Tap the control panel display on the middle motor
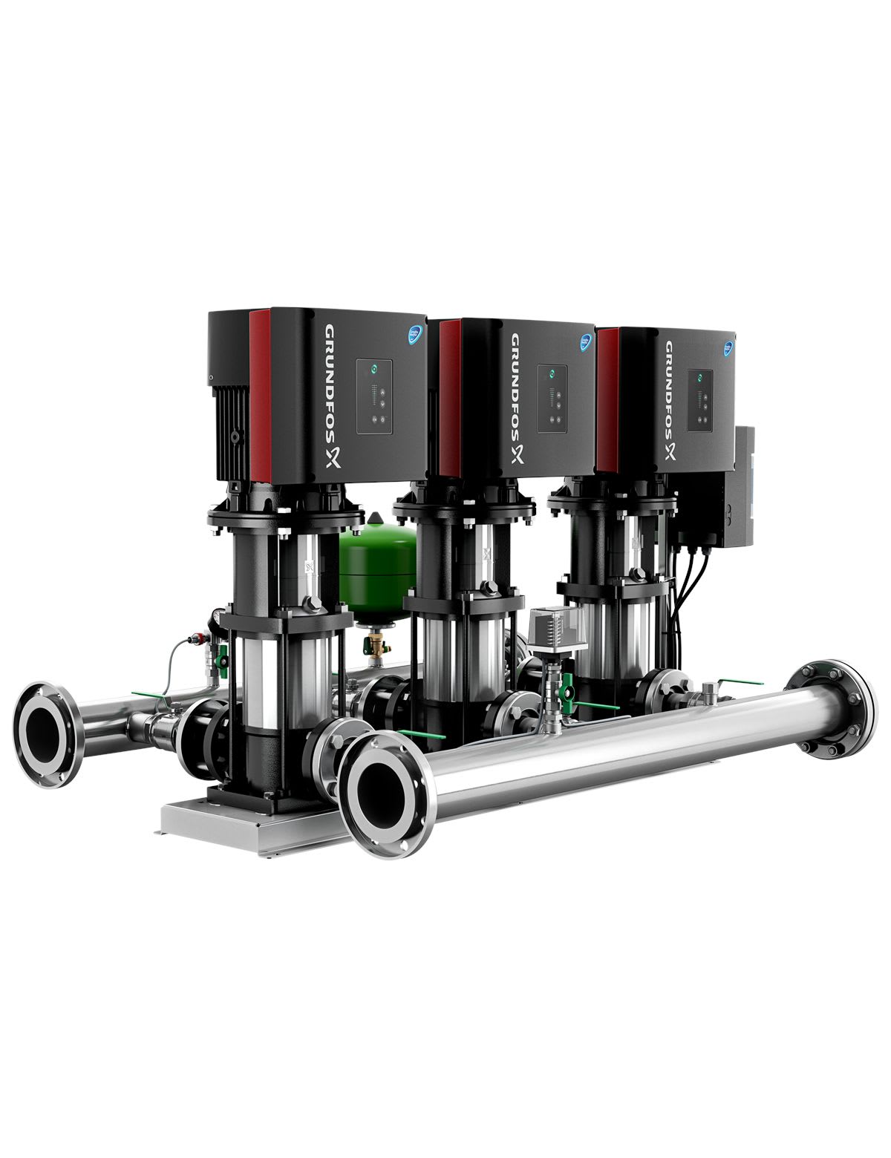[553, 399]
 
